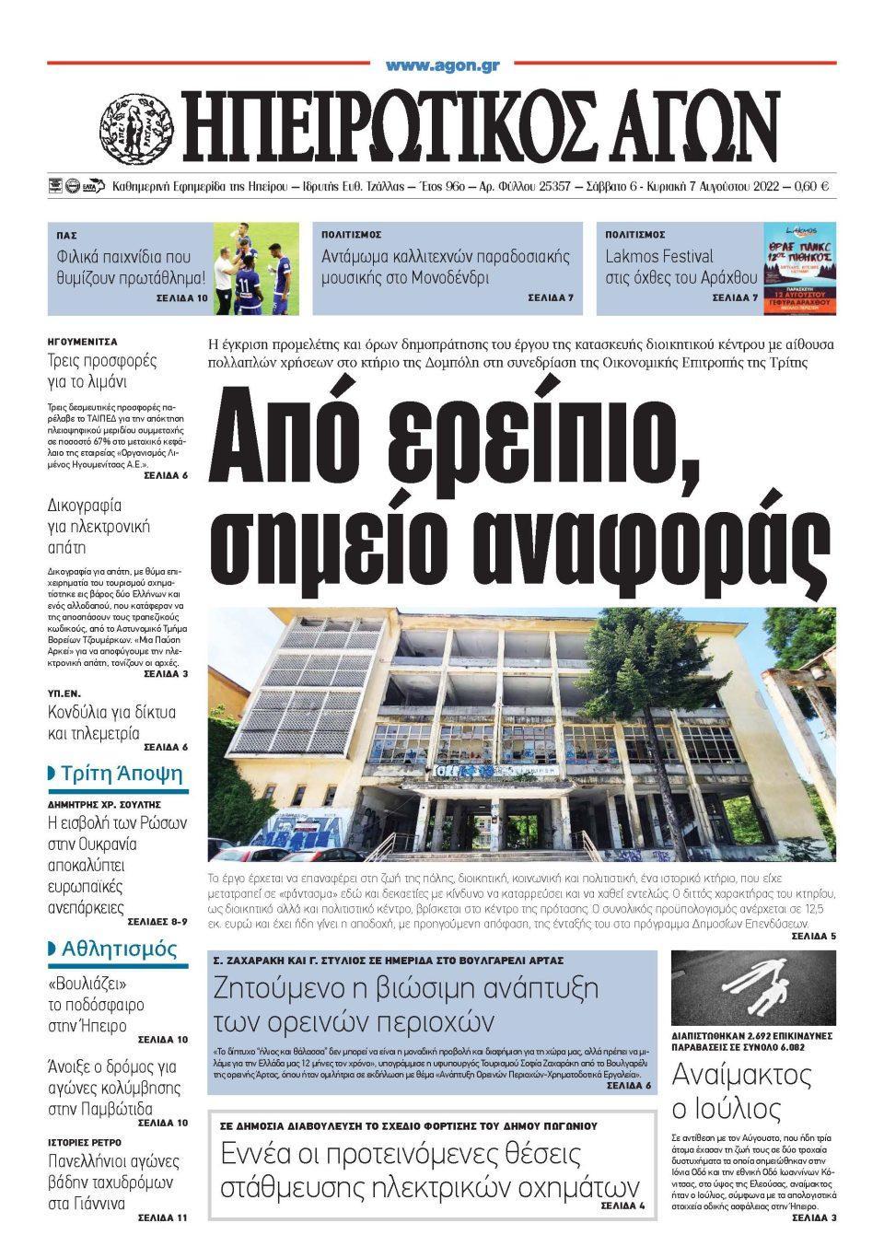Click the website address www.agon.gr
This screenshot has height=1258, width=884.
(442, 66)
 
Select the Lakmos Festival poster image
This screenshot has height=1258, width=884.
(799, 267)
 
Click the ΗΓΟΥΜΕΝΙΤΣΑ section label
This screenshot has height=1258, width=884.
(82, 341)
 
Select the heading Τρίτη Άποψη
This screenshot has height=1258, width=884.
(122, 773)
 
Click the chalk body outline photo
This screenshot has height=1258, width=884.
(752, 992)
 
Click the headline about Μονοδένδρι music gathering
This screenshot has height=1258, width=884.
(446, 267)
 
